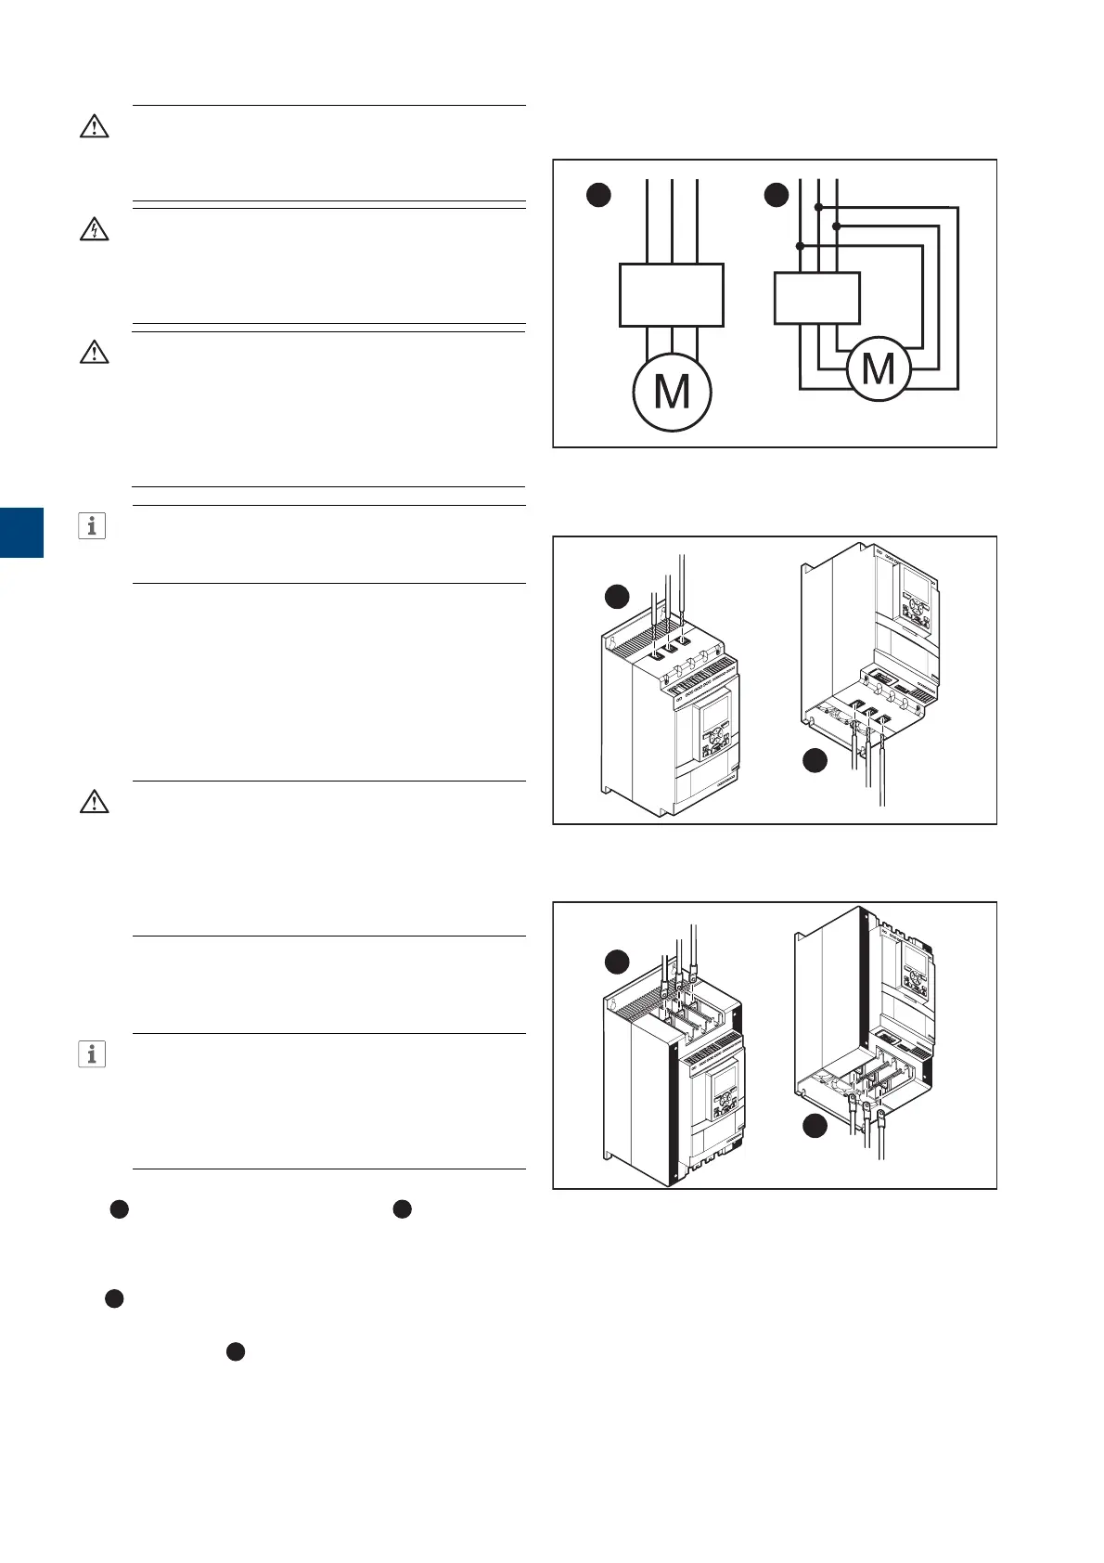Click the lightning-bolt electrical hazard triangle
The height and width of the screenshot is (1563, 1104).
coord(94,229)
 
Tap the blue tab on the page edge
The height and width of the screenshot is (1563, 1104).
coord(21,532)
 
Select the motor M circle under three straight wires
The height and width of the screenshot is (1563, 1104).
coord(672,392)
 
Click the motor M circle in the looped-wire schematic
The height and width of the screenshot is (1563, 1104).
coord(878,368)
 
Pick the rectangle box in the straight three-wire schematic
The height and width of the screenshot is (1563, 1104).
coord(671,295)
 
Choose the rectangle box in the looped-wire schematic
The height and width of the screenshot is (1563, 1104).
coord(816,298)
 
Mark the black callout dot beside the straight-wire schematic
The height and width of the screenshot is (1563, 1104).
coord(599,194)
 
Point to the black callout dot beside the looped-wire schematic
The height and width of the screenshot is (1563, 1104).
coord(776,194)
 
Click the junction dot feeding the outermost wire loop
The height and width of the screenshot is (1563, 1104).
coord(817,207)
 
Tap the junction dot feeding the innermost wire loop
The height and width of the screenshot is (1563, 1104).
coord(800,246)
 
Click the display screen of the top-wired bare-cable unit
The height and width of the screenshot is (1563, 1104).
coord(712,717)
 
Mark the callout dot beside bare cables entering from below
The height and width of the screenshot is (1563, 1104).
coord(815,761)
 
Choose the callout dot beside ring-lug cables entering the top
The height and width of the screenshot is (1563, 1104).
coord(617,962)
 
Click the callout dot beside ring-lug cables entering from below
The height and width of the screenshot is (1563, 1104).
coord(815,1126)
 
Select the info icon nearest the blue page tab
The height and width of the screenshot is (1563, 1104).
coord(91,526)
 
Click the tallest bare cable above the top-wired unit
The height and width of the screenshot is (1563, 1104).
coord(683,594)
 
